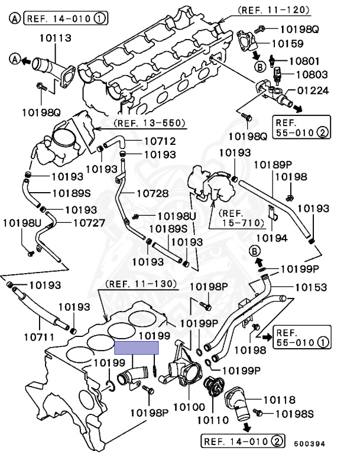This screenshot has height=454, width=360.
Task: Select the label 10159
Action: [288, 43]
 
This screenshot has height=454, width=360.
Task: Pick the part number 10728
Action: [153, 193]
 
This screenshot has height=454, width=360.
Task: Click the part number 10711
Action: [40, 338]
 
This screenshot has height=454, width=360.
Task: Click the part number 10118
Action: [279, 400]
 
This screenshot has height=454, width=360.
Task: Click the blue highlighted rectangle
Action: [137, 348]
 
